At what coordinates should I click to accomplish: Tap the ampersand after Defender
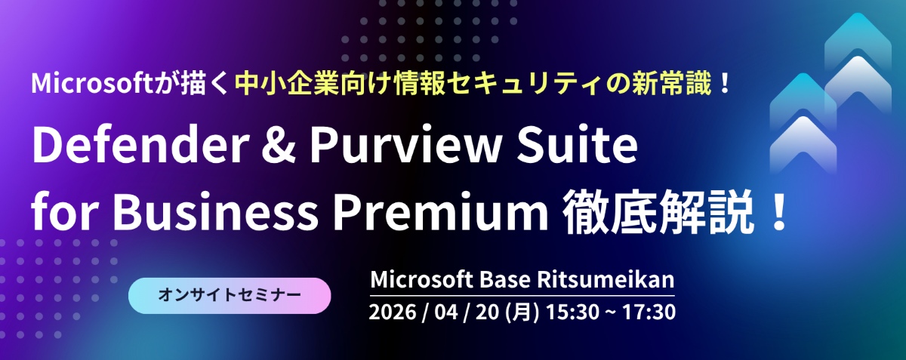coord(279,146)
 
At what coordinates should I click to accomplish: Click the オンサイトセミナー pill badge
coord(230,295)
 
